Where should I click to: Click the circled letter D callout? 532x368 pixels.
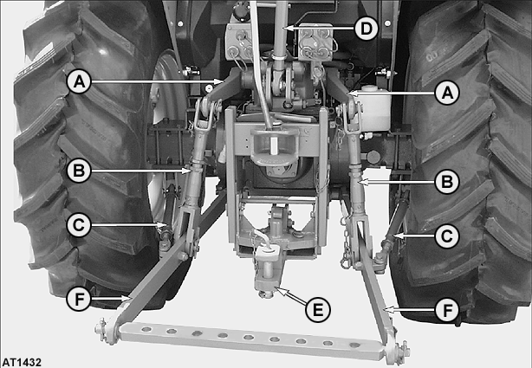click(367, 29)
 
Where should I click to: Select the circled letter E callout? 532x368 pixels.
click(318, 310)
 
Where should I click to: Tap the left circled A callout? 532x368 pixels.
click(79, 81)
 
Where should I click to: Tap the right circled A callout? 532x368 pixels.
click(447, 93)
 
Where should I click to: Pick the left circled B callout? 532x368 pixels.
click(79, 171)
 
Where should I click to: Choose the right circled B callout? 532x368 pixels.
click(447, 182)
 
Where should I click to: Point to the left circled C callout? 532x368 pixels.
click(79, 225)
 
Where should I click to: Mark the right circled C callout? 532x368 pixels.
click(447, 236)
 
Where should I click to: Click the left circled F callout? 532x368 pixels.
click(79, 299)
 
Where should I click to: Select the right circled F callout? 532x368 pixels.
click(447, 310)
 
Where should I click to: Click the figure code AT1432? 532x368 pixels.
click(21, 362)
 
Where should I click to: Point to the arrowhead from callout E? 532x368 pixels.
click(280, 290)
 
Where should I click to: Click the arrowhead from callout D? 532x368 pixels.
click(287, 29)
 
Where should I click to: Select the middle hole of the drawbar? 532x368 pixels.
click(249, 337)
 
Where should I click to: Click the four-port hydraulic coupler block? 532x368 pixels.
click(315, 42)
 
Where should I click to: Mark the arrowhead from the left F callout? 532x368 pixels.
click(127, 299)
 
